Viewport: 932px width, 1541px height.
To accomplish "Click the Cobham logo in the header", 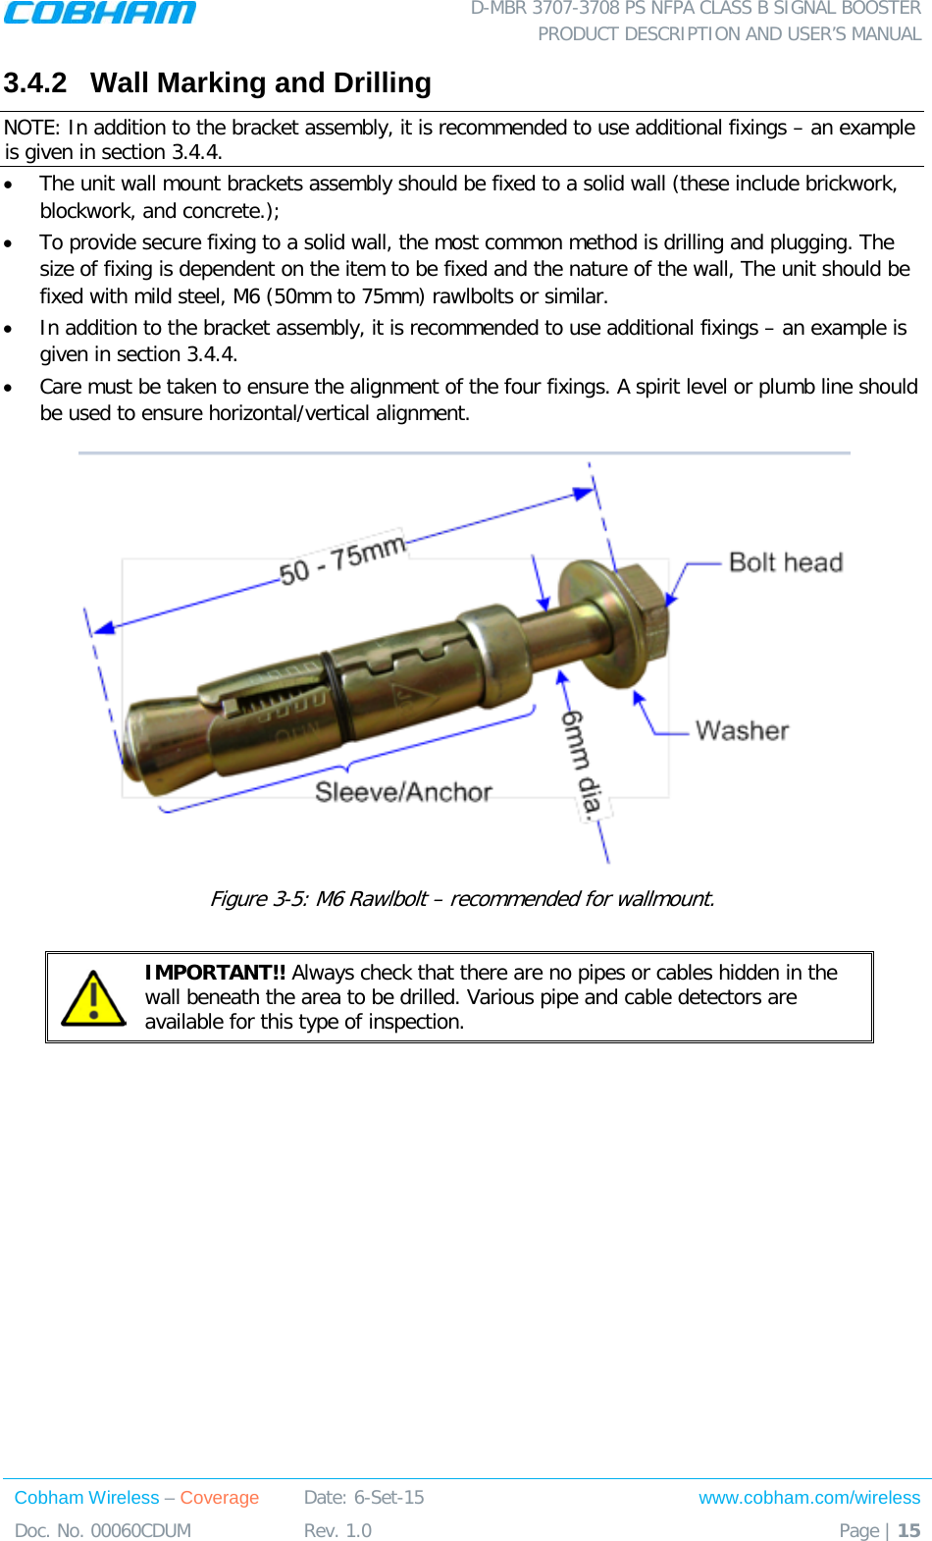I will (x=100, y=13).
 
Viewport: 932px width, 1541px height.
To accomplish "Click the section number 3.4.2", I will (x=35, y=83).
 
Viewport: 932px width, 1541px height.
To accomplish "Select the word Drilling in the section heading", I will (x=382, y=83).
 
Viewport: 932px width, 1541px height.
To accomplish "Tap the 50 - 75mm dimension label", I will (x=341, y=559).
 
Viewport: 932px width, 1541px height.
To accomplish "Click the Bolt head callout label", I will (x=786, y=562).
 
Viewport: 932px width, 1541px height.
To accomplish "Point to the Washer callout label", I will (x=742, y=730).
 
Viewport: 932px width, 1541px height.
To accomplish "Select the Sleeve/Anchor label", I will (x=403, y=792).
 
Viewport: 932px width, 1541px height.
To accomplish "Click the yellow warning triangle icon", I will (x=93, y=998).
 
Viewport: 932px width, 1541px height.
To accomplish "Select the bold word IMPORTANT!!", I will (x=215, y=973).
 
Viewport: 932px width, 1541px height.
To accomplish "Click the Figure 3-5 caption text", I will (x=462, y=899).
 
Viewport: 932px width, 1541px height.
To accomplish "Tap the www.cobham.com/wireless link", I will (x=808, y=1498).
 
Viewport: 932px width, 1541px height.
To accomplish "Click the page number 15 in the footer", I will (x=909, y=1530).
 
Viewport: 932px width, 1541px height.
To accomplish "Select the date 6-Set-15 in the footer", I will (x=388, y=1498).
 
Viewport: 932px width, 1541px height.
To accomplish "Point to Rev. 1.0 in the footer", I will (x=337, y=1530).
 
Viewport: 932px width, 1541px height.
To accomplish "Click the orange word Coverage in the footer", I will (x=219, y=1498).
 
